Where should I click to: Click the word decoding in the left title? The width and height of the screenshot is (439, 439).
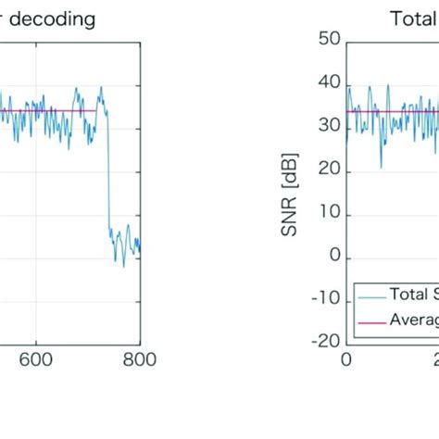click(56, 19)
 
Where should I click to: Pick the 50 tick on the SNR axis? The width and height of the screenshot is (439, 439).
click(330, 40)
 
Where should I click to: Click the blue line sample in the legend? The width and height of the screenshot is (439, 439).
click(369, 296)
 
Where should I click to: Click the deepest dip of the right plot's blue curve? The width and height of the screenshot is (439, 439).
click(381, 167)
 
